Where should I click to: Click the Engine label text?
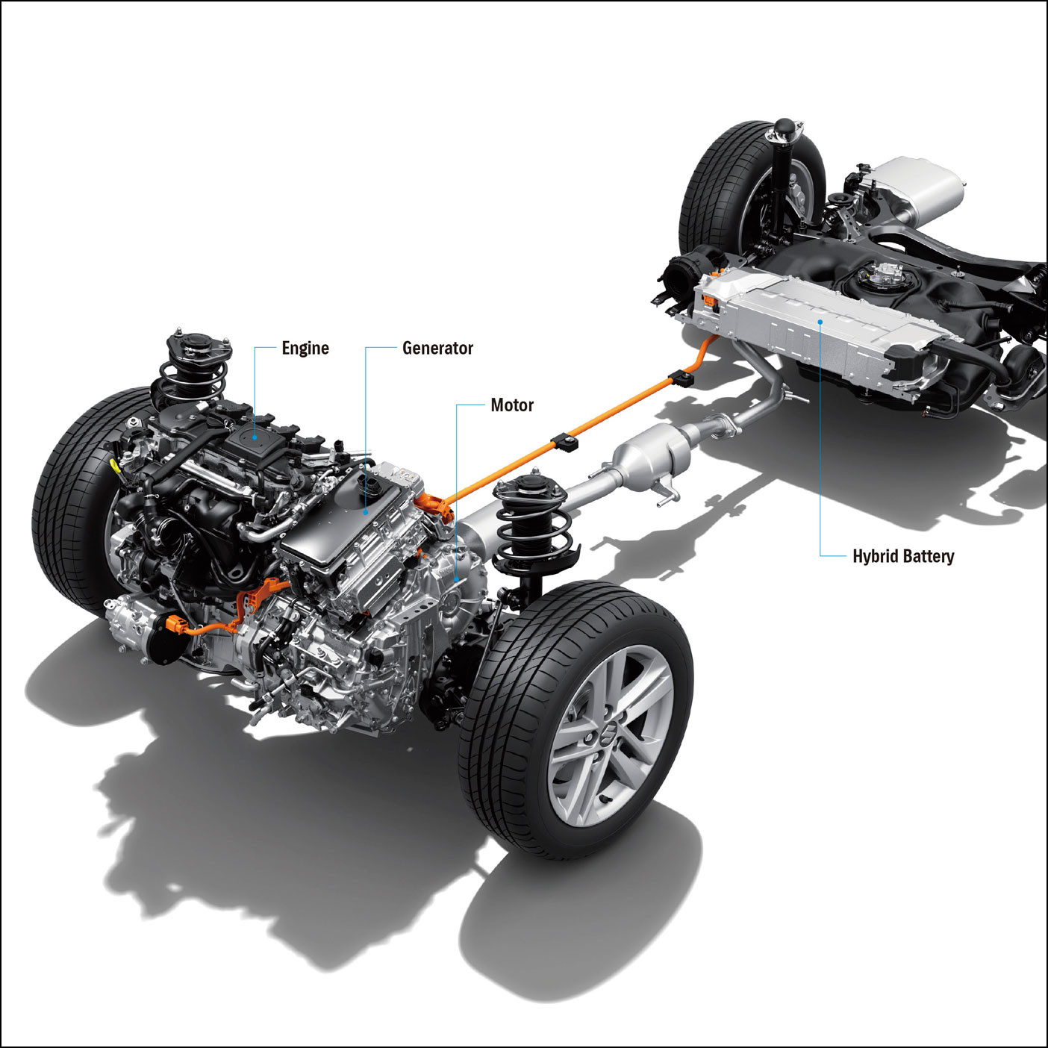click(305, 349)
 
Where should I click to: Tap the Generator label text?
click(438, 348)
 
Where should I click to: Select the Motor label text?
click(512, 405)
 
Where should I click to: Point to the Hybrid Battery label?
click(903, 556)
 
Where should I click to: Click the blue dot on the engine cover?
click(255, 437)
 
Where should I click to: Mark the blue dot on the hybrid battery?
click(820, 322)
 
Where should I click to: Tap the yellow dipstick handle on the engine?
click(114, 466)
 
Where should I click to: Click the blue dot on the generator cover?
click(366, 512)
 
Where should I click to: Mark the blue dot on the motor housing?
click(456, 579)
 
